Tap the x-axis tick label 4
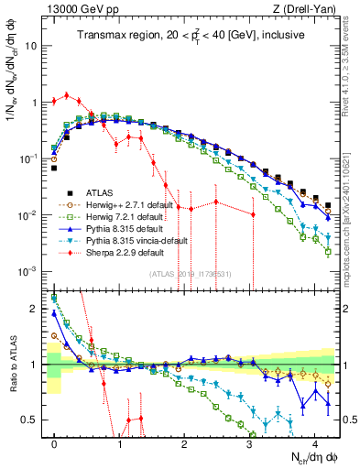[x=314, y=442]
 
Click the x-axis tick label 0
[x=55, y=442]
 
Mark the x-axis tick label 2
[x=184, y=442]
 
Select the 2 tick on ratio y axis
[x=34, y=308]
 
